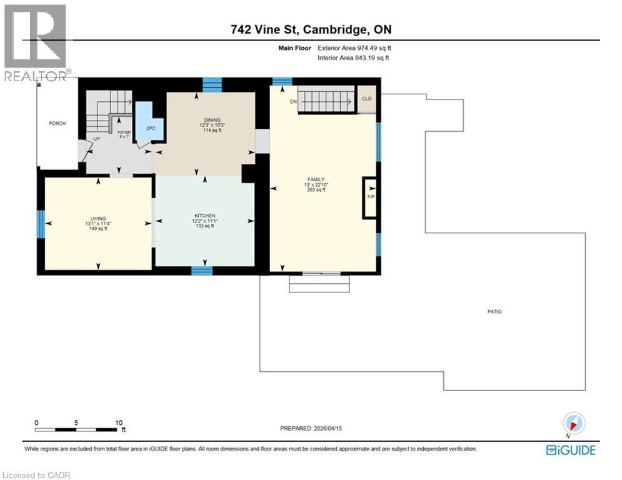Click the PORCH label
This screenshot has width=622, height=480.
click(x=58, y=123)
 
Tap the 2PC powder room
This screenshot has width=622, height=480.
click(x=150, y=128)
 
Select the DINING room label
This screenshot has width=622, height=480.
click(x=209, y=120)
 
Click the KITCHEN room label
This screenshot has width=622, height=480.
click(x=204, y=216)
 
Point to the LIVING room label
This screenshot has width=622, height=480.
click(x=98, y=219)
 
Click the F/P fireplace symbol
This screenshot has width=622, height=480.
click(x=370, y=198)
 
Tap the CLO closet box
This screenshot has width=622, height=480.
click(x=366, y=98)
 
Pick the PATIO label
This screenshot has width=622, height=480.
click(x=495, y=311)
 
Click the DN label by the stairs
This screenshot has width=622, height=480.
click(x=292, y=101)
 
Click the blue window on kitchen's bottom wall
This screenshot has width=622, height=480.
click(x=201, y=271)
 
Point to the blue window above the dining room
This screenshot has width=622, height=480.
click(x=213, y=84)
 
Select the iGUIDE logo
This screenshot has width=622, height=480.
click(x=570, y=450)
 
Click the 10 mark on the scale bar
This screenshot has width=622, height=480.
click(x=119, y=422)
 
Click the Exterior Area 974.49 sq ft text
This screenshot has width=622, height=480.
click(x=355, y=47)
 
